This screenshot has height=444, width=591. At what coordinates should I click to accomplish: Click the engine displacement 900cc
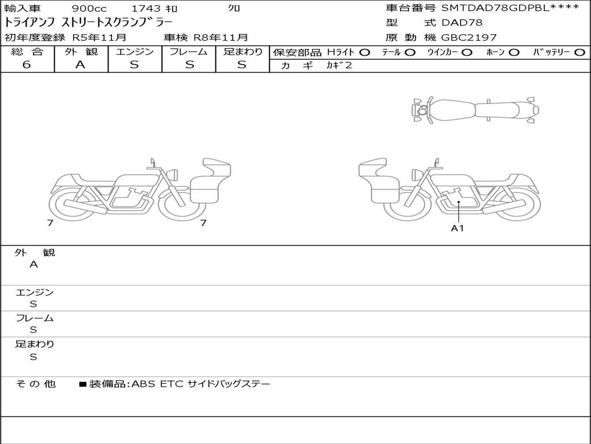(89, 8)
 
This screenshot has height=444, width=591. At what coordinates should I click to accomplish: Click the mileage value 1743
(147, 8)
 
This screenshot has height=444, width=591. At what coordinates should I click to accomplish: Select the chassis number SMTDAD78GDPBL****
(510, 8)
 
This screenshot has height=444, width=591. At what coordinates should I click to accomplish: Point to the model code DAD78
(462, 23)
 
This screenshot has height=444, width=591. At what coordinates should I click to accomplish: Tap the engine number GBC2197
(469, 38)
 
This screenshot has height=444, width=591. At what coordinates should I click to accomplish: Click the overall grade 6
(27, 65)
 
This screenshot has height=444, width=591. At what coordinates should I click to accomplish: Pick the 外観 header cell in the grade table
(81, 51)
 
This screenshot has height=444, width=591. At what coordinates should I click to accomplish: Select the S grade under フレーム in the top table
(189, 65)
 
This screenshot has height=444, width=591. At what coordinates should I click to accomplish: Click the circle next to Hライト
(365, 53)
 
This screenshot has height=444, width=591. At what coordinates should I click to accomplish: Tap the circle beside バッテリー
(579, 53)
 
